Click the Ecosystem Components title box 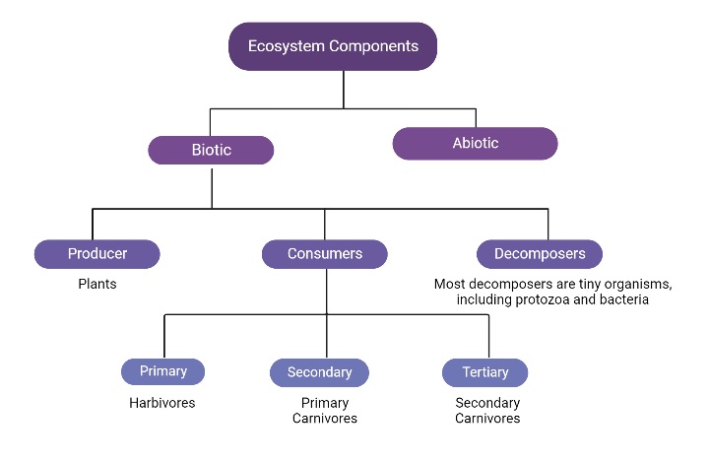tap(333, 46)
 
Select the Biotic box tap(211, 151)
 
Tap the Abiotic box tap(475, 144)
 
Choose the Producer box tap(97, 254)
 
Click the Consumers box tap(324, 254)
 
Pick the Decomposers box tap(539, 254)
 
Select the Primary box tap(162, 371)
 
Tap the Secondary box tap(319, 372)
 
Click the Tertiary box tap(484, 372)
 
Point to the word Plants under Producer tap(97, 285)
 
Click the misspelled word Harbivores tap(162, 403)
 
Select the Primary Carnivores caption tap(324, 411)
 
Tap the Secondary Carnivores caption tap(487, 411)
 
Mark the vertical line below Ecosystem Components tap(343, 89)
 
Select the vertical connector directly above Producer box tap(93, 224)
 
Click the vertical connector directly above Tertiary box tap(488, 336)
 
